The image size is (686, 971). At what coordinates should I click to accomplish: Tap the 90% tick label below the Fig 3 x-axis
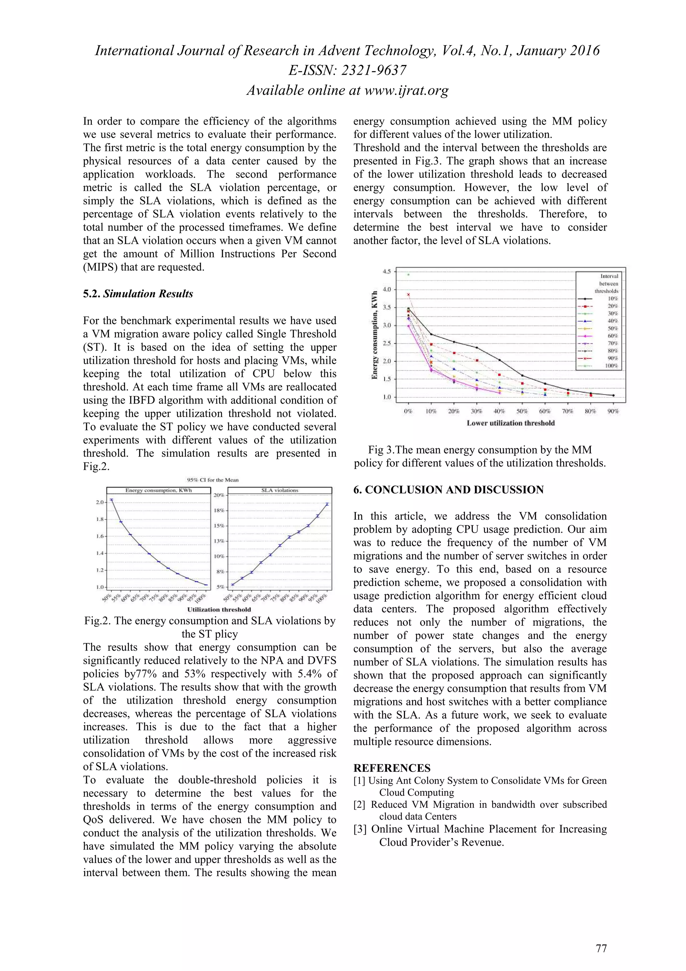[613, 411]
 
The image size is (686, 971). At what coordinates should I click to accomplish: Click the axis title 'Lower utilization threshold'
[510, 423]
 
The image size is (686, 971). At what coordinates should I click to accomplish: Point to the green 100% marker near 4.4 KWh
[408, 274]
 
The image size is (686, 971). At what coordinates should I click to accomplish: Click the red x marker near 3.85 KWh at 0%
[408, 294]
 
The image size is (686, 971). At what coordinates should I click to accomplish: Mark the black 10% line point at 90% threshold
[613, 395]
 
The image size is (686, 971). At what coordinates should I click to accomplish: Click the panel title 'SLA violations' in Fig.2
[279, 491]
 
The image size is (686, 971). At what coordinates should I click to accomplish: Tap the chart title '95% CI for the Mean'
[213, 480]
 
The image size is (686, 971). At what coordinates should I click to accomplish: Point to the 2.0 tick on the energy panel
[100, 502]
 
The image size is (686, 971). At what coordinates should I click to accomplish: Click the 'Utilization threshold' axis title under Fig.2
[219, 609]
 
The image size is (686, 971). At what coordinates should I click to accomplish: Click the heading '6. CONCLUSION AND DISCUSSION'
[449, 490]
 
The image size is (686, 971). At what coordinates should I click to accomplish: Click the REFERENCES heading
[392, 768]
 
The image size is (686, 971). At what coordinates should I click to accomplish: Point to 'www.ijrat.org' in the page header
[406, 90]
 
